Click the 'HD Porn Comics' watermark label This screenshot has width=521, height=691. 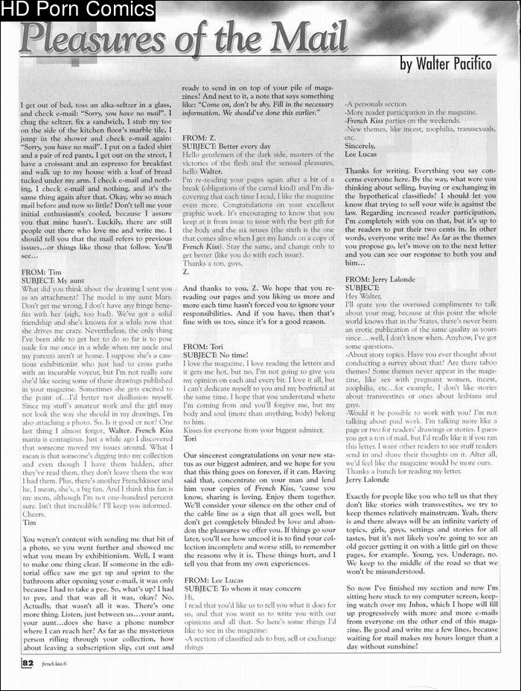(77, 10)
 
